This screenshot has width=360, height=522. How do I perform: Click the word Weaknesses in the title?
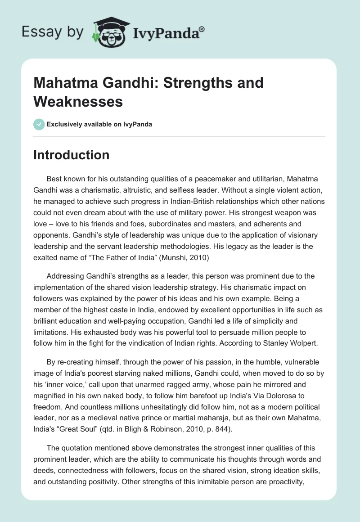[78, 101]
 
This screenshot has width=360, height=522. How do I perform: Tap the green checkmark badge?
[39, 124]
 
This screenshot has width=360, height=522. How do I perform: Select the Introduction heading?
[72, 155]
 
